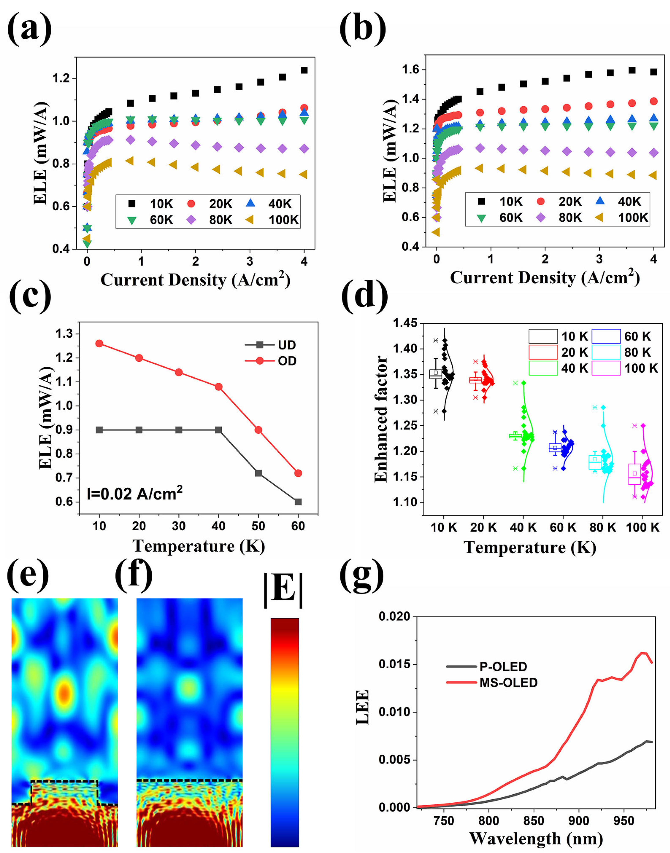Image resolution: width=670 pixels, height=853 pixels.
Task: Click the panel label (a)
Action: pos(29,28)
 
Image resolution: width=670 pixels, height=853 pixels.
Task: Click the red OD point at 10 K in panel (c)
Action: pos(99,344)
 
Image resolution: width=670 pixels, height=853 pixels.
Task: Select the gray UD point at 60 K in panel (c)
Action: pos(298,502)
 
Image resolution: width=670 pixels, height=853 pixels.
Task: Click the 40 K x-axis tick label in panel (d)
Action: pos(523,527)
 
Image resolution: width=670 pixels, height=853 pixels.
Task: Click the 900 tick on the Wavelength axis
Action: pos(579,821)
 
